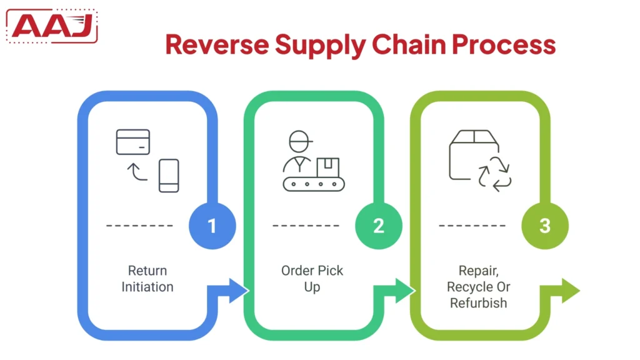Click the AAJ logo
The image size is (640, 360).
pyautogui.click(x=54, y=26)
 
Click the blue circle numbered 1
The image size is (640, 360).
pyautogui.click(x=212, y=226)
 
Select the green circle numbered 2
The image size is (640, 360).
pyautogui.click(x=379, y=226)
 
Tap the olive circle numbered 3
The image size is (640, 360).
pyautogui.click(x=545, y=226)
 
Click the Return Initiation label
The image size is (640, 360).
pyautogui.click(x=147, y=279)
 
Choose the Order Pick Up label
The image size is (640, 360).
pyautogui.click(x=312, y=279)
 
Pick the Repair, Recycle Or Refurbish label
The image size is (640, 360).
pyautogui.click(x=478, y=287)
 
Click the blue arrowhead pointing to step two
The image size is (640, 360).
pyautogui.click(x=238, y=291)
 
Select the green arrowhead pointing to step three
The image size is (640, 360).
pyautogui.click(x=405, y=291)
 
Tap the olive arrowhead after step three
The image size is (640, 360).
pyautogui.click(x=570, y=291)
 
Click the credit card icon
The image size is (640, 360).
pyautogui.click(x=133, y=142)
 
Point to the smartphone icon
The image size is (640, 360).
pyautogui.click(x=169, y=175)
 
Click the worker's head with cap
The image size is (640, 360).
pyautogui.click(x=299, y=141)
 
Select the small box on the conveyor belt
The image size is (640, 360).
pyautogui.click(x=327, y=167)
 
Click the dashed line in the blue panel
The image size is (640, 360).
pyautogui.click(x=139, y=226)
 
